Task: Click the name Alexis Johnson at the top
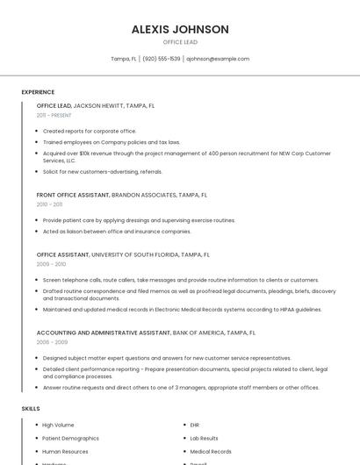[x=180, y=29]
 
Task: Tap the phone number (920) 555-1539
[x=162, y=59]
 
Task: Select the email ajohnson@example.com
[x=218, y=59]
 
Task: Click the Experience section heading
[x=38, y=92]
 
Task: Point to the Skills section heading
[x=31, y=409]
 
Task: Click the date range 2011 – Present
[x=54, y=115]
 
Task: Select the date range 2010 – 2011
[x=49, y=204]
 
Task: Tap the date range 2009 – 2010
[x=51, y=263]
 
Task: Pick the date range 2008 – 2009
[x=51, y=342]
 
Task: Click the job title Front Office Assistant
[x=73, y=195]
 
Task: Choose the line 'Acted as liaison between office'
[x=117, y=232]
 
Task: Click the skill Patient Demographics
[x=70, y=438]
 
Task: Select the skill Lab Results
[x=204, y=438]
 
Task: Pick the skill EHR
[x=195, y=425]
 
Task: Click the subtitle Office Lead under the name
[x=180, y=42]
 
